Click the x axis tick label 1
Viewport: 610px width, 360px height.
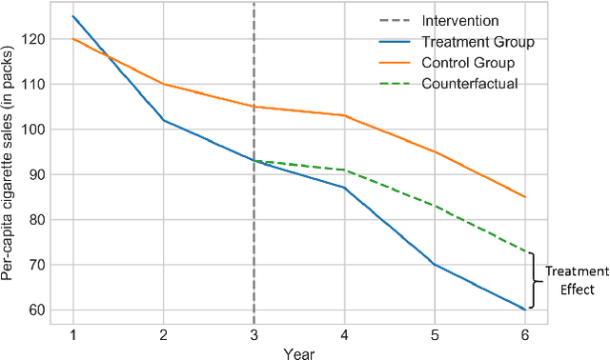click(x=72, y=334)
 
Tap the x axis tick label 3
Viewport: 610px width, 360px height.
click(x=254, y=334)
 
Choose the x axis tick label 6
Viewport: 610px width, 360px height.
click(x=525, y=334)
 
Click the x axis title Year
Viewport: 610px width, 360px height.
click(x=298, y=351)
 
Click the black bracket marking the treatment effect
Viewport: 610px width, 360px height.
click(x=534, y=280)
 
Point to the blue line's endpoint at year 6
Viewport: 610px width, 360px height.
click(x=525, y=310)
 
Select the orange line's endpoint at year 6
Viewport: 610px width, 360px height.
click(x=525, y=197)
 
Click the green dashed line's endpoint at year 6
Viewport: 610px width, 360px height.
click(x=525, y=251)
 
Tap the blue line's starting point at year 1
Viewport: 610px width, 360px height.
click(x=72, y=16)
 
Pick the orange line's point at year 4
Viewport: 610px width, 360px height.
click(x=344, y=115)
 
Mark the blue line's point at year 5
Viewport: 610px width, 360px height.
click(x=435, y=264)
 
